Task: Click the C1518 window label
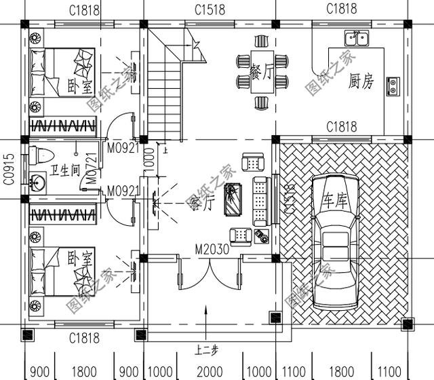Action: coord(210,9)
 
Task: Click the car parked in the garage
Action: coord(335,237)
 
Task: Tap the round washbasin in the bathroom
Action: coord(37,182)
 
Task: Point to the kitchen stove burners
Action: coord(393,85)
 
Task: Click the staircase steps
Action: coord(165,95)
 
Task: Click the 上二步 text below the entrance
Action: coord(206,351)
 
